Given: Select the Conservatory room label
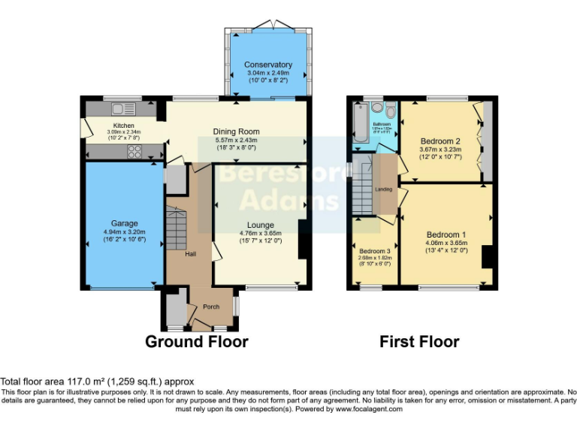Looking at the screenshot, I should coord(268,65).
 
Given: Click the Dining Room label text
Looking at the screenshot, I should coord(236,132).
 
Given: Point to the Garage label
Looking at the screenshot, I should coord(125,223).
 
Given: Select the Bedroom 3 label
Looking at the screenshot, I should coord(373,251).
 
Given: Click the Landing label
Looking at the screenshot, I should coord(383,189).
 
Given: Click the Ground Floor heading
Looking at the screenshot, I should coord(196,342).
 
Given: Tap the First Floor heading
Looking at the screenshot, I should coord(419,342).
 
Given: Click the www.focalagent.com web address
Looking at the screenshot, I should coord(369,410).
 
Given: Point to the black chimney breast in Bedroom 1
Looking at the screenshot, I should coord(487,256).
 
